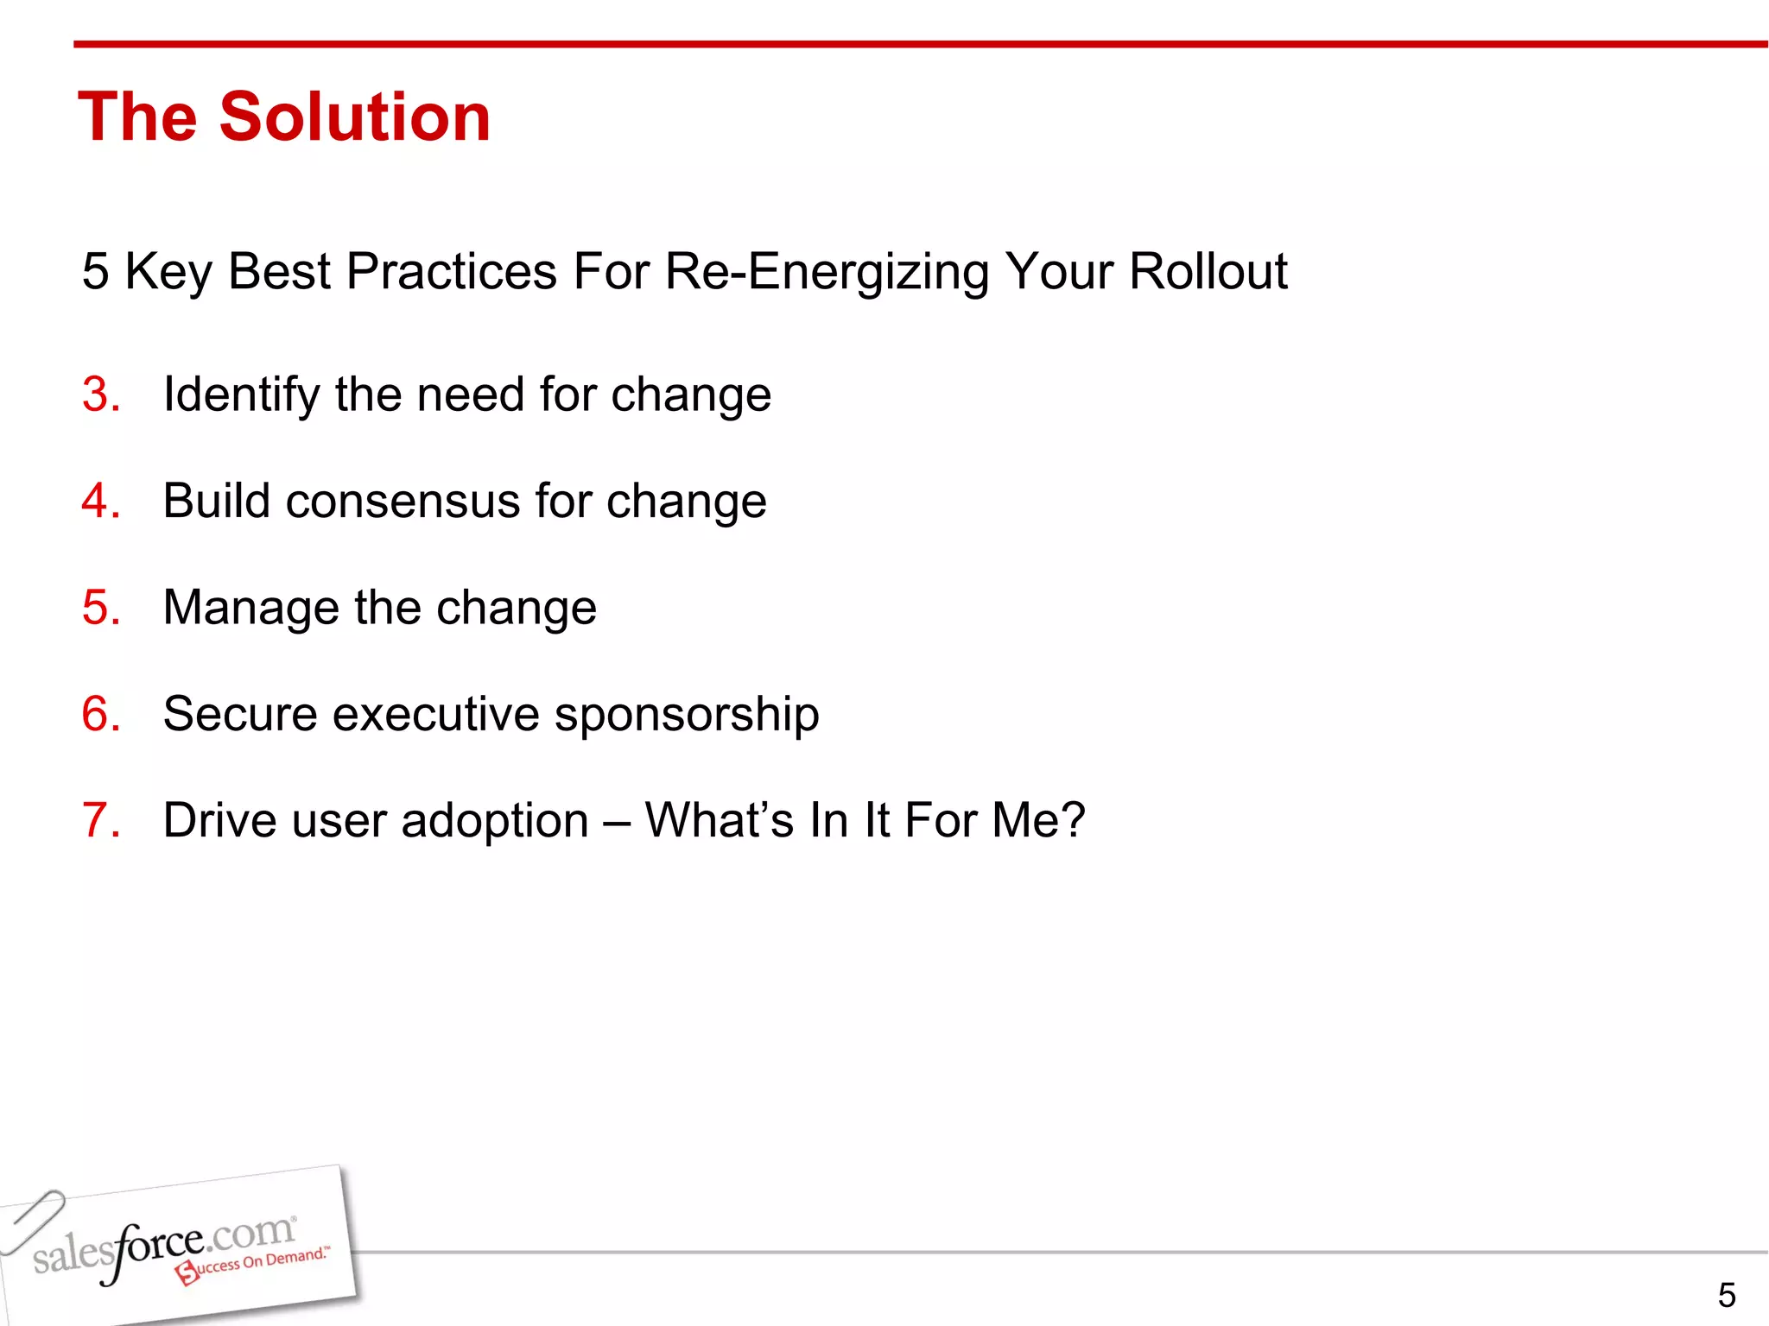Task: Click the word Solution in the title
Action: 355,117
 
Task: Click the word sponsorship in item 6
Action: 687,714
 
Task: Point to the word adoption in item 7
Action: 495,820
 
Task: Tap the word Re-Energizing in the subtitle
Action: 827,272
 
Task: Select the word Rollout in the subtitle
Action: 1208,272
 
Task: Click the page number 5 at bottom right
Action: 1726,1295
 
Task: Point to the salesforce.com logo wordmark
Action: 164,1244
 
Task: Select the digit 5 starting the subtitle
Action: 95,272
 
